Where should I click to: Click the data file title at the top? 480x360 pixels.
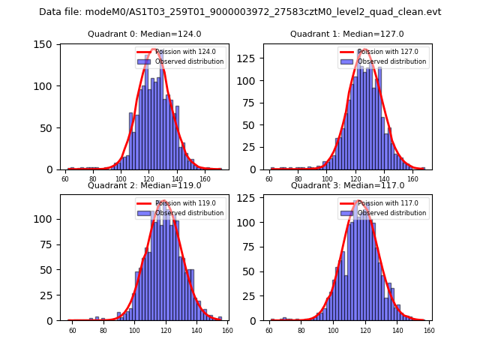tap(240, 12)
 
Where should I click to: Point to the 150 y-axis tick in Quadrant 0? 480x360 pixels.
tap(46, 44)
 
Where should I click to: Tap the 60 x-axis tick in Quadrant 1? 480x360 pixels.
tap(270, 179)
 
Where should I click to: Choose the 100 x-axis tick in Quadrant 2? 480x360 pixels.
tap(134, 331)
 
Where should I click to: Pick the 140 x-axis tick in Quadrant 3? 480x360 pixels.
tap(397, 331)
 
